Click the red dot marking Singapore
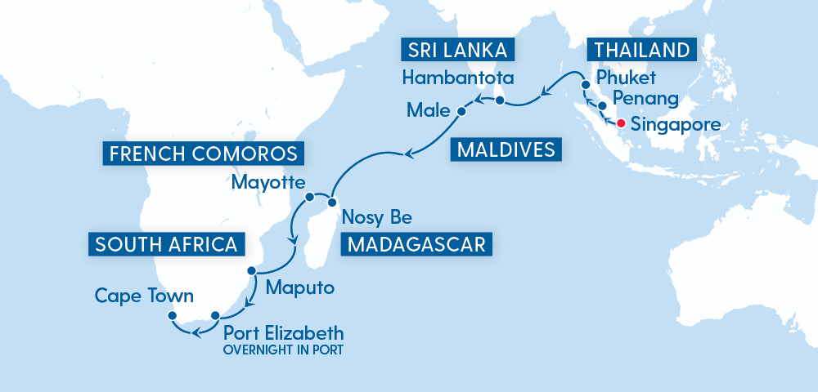(x=621, y=124)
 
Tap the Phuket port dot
(x=586, y=86)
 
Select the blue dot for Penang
(x=603, y=106)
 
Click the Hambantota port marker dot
(x=498, y=101)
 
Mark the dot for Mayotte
(x=310, y=197)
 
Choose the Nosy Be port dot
(x=333, y=201)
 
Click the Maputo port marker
(x=253, y=271)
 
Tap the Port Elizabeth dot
(x=215, y=315)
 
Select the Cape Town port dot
(x=172, y=315)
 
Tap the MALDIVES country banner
(x=506, y=149)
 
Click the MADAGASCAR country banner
(x=416, y=243)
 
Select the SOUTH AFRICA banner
(x=166, y=243)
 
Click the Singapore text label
(x=676, y=126)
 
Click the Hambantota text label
(x=457, y=79)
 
